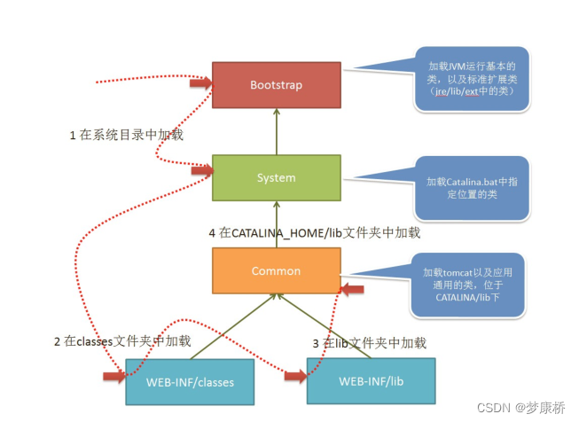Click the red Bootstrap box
[x=276, y=84]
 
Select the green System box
[x=276, y=177]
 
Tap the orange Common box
[x=276, y=270]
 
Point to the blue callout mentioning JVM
[x=473, y=80]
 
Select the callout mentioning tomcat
[x=468, y=284]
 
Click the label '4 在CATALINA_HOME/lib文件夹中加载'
[x=314, y=233]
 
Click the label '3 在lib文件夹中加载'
[x=369, y=342]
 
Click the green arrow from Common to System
[x=276, y=223]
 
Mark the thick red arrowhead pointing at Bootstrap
[x=204, y=83]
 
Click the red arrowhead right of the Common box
[x=352, y=288]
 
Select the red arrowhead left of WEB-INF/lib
[x=294, y=376]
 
